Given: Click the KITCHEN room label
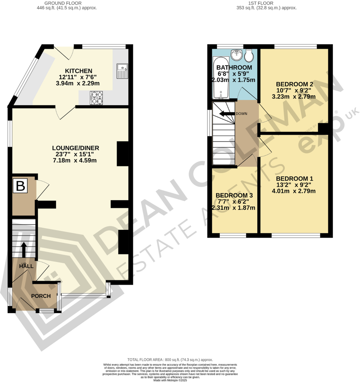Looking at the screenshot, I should tap(79, 71).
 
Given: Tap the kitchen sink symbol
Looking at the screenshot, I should tap(121, 71).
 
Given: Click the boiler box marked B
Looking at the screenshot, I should tap(21, 186).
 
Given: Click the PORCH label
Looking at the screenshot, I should tap(41, 296).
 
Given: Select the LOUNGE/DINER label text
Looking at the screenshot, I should tap(76, 148).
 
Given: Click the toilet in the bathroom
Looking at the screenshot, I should tap(248, 56).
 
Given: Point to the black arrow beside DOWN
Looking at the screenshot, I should tap(226, 114).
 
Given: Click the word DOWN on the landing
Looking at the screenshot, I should tap(241, 114).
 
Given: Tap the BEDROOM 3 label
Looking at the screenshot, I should tap(234, 195).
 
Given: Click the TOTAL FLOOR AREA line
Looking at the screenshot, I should tap(170, 360).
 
